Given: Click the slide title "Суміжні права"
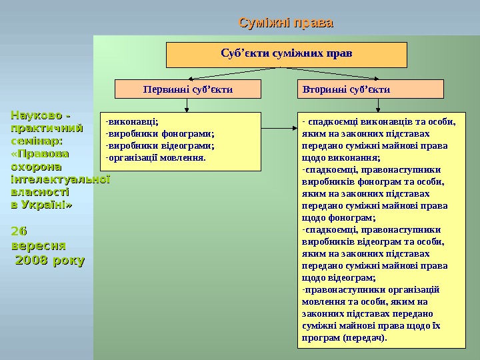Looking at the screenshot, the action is click(286, 24).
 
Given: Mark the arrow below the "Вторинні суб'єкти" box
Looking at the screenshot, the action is click(379, 104).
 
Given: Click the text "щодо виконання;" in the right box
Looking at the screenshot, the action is click(341, 158).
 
